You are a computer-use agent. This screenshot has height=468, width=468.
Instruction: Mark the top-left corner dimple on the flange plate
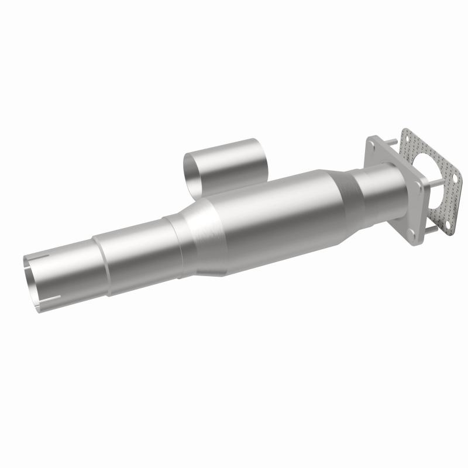[372, 143]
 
